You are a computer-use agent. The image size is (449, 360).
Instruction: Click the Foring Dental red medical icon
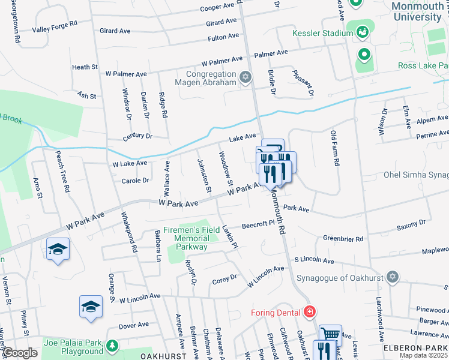309,312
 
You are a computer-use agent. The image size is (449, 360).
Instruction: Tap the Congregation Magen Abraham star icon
245,76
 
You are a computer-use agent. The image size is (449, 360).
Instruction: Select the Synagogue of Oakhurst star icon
393,277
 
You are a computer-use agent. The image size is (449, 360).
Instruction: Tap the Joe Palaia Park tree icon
112,346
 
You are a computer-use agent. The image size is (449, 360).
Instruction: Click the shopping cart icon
330,334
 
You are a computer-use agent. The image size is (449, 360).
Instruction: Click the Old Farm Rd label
337,149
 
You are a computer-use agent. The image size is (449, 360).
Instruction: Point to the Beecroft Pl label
258,226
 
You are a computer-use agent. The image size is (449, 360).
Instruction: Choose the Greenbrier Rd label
343,239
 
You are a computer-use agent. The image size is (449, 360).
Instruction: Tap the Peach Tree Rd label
63,171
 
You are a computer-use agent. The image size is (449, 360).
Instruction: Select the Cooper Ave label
217,8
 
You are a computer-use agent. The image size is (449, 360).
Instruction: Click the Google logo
20,353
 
